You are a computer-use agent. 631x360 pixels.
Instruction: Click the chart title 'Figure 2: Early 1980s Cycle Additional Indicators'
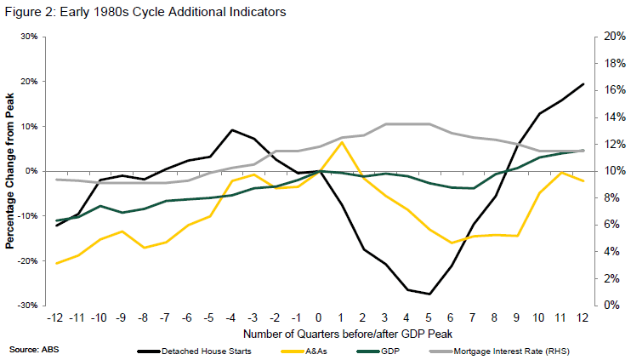pos(145,12)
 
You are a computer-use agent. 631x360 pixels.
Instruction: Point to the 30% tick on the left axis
pos(30,37)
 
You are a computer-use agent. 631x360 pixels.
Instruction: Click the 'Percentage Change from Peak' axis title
pos(9,171)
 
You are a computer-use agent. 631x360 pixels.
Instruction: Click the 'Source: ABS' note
pos(28,349)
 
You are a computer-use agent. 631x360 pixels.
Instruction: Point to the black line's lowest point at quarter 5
pos(429,294)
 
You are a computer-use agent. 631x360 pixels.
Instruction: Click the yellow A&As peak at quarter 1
pos(342,142)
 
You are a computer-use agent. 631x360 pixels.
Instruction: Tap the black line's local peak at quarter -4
pos(232,130)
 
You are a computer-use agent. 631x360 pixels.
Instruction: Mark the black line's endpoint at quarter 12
pos(582,83)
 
